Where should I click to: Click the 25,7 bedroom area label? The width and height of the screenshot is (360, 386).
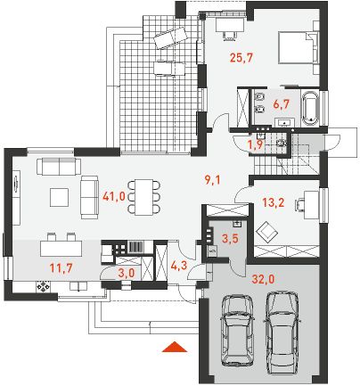point(241,57)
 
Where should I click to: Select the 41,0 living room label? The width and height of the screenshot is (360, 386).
point(114,196)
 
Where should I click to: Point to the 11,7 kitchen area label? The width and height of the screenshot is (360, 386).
point(61,268)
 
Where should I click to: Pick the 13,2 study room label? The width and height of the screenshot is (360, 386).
point(274,202)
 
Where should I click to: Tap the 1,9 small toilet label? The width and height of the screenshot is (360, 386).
point(256,144)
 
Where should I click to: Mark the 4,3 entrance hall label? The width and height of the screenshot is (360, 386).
point(179,265)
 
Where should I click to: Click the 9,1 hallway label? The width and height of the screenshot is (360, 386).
point(213,179)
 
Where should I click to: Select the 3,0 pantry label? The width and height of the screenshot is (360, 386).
point(127,273)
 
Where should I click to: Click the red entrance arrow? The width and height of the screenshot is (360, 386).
point(175,347)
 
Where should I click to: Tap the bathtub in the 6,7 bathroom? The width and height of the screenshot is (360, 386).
point(310,109)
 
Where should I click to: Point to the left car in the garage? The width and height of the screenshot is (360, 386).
point(237,332)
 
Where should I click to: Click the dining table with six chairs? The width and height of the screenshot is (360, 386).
point(143,197)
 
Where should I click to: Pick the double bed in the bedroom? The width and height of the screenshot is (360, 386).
point(299,47)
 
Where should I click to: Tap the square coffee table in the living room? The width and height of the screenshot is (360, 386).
point(59,197)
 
